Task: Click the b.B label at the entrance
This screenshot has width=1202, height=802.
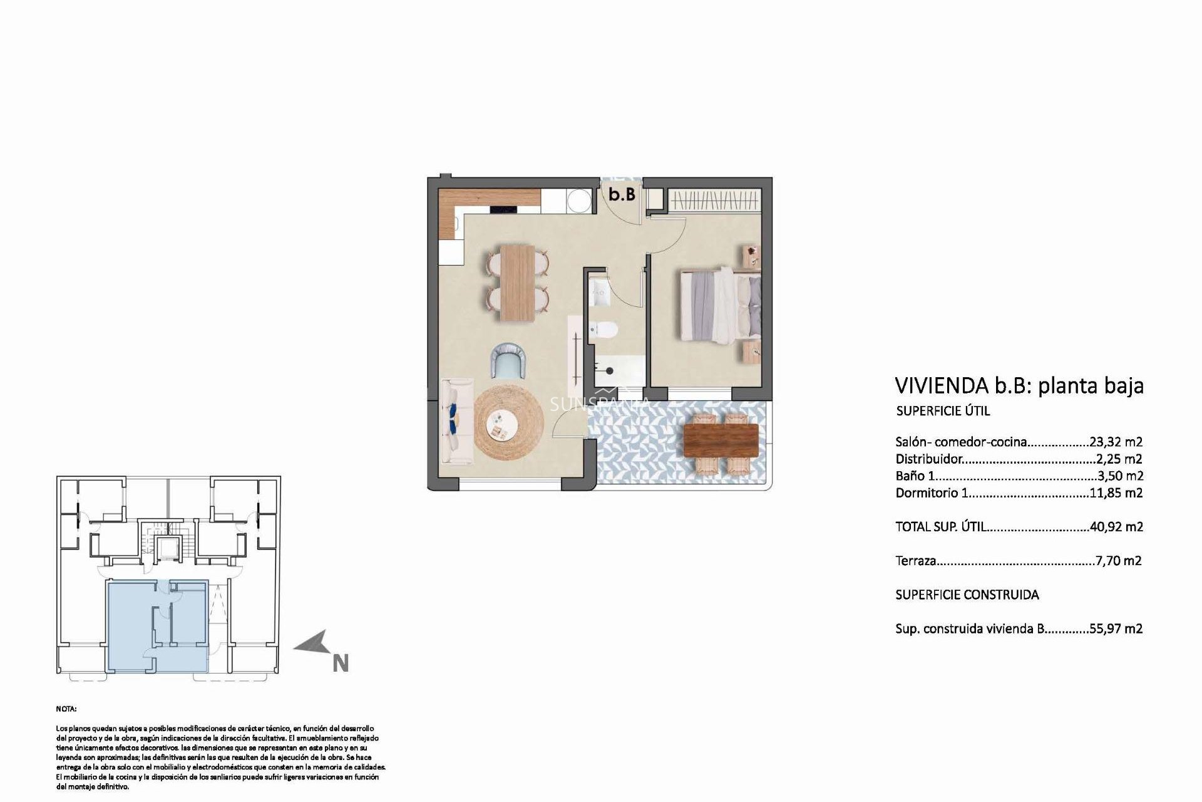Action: tap(622, 195)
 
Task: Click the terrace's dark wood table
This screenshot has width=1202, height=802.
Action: tap(722, 440)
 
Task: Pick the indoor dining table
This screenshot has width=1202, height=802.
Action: tap(517, 283)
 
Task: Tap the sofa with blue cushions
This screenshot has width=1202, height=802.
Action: tap(454, 422)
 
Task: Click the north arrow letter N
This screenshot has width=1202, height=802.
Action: tap(341, 664)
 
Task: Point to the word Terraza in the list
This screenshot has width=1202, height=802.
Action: tap(915, 561)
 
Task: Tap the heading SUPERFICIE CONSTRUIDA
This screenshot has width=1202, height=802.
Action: tap(967, 595)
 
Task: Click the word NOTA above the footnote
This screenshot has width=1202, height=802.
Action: tap(66, 709)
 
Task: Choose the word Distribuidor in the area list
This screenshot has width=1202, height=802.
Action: tap(928, 459)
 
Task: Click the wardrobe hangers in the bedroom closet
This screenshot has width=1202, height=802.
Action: tap(713, 201)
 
